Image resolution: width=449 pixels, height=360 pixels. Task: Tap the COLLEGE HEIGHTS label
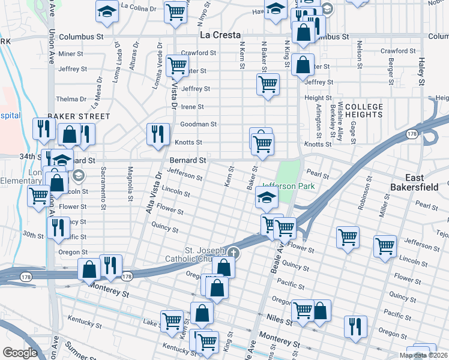click(364, 112)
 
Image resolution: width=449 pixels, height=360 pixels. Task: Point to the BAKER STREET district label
click(79, 116)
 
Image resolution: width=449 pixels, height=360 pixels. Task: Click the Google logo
click(20, 353)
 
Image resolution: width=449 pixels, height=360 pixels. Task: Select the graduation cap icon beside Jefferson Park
click(267, 196)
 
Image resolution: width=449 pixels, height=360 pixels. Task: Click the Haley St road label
click(422, 71)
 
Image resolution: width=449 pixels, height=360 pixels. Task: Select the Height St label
click(318, 98)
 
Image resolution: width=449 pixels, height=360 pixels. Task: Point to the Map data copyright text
click(423, 355)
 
